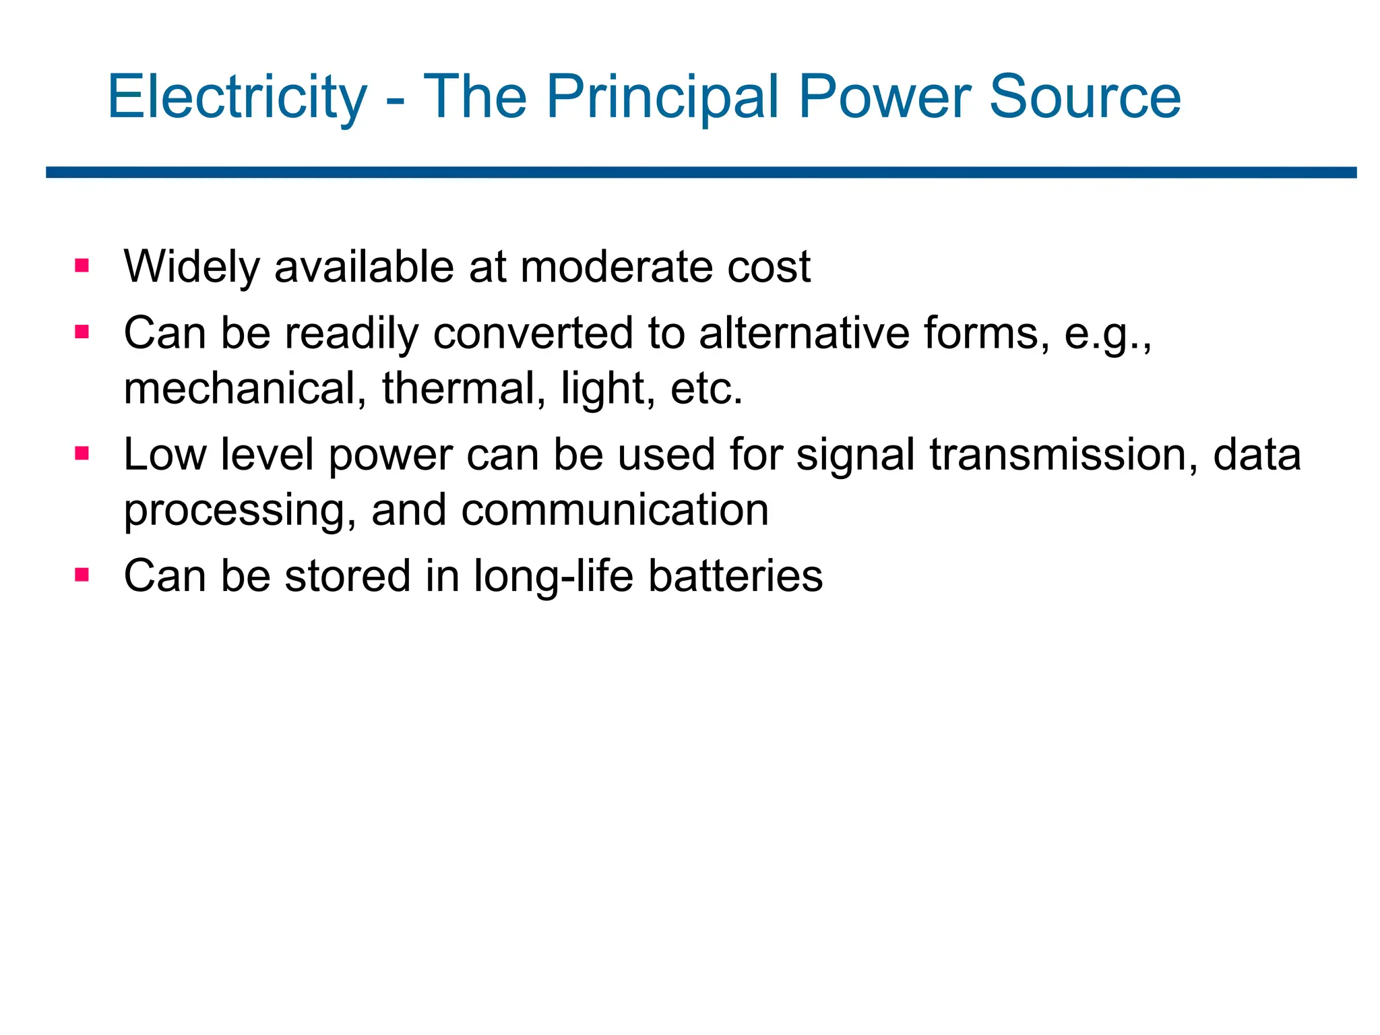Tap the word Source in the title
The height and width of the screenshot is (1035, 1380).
[1084, 98]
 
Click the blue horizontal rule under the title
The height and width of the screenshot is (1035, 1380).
[701, 172]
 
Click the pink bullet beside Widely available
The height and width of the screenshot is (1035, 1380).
[82, 265]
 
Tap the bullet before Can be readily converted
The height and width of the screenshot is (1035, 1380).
[82, 332]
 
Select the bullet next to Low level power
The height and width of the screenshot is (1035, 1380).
[82, 453]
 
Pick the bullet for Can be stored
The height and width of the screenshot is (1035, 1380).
[82, 575]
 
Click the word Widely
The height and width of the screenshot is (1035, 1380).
[191, 267]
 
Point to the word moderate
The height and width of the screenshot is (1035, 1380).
[616, 267]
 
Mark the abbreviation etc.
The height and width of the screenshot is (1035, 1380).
[706, 389]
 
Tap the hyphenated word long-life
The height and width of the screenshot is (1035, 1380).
[553, 576]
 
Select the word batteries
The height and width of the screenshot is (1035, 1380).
[735, 576]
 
